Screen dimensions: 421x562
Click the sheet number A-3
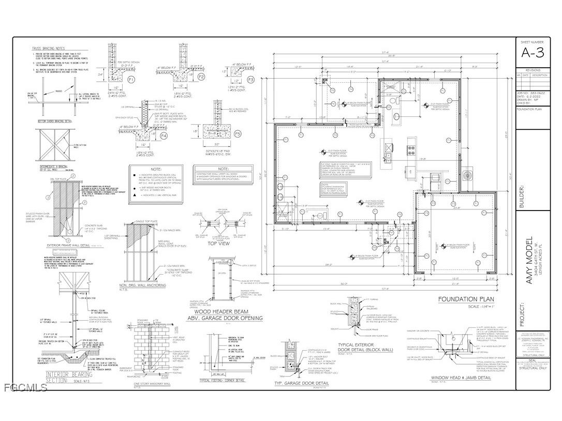point(532,53)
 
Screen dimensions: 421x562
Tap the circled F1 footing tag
point(131,80)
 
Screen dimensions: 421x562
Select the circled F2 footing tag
point(201,77)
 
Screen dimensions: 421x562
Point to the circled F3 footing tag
point(250,80)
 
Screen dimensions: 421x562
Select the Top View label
point(219,243)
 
